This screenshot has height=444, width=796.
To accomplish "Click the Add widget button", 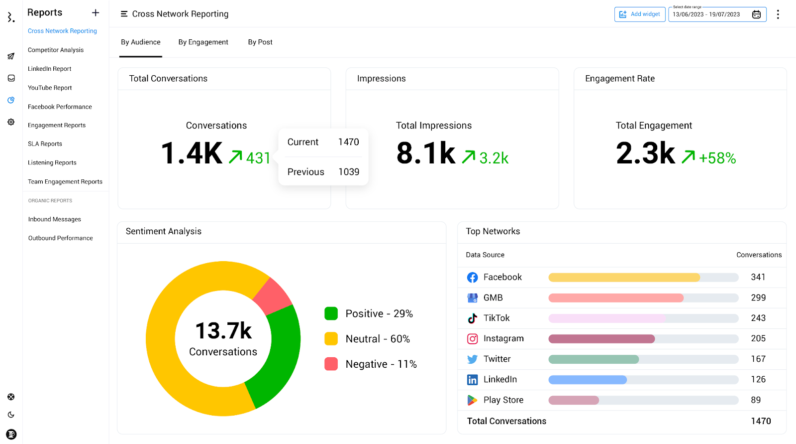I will coord(640,14).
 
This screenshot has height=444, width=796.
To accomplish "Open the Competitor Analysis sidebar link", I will coord(56,50).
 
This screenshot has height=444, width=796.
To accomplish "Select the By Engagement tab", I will coord(203,42).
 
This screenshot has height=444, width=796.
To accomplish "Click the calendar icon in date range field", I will coord(756,14).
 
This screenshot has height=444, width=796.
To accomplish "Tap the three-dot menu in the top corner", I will coord(778,14).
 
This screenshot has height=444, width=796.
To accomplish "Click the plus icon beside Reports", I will coord(96,12).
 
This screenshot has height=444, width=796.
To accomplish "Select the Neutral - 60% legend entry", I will coord(367,339).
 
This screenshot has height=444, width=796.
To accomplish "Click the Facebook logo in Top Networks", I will coord(472,278).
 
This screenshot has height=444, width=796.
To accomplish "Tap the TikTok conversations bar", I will coord(607,318).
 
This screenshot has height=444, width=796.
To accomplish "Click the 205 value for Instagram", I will coord(758,339).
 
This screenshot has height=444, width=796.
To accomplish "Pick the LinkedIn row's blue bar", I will coord(588,380).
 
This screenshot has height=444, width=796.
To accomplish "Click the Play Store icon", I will coord(472,400).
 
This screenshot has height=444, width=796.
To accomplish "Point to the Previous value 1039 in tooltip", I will coord(349,172).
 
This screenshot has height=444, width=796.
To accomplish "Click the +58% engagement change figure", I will coord(717,158).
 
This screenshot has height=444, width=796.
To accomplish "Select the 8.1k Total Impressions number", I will coord(426,153).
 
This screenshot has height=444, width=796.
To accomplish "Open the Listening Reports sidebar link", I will coord(52,163).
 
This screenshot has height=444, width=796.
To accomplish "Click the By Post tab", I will coord(260,42).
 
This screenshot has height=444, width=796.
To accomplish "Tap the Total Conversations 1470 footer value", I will coord(761,421).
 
